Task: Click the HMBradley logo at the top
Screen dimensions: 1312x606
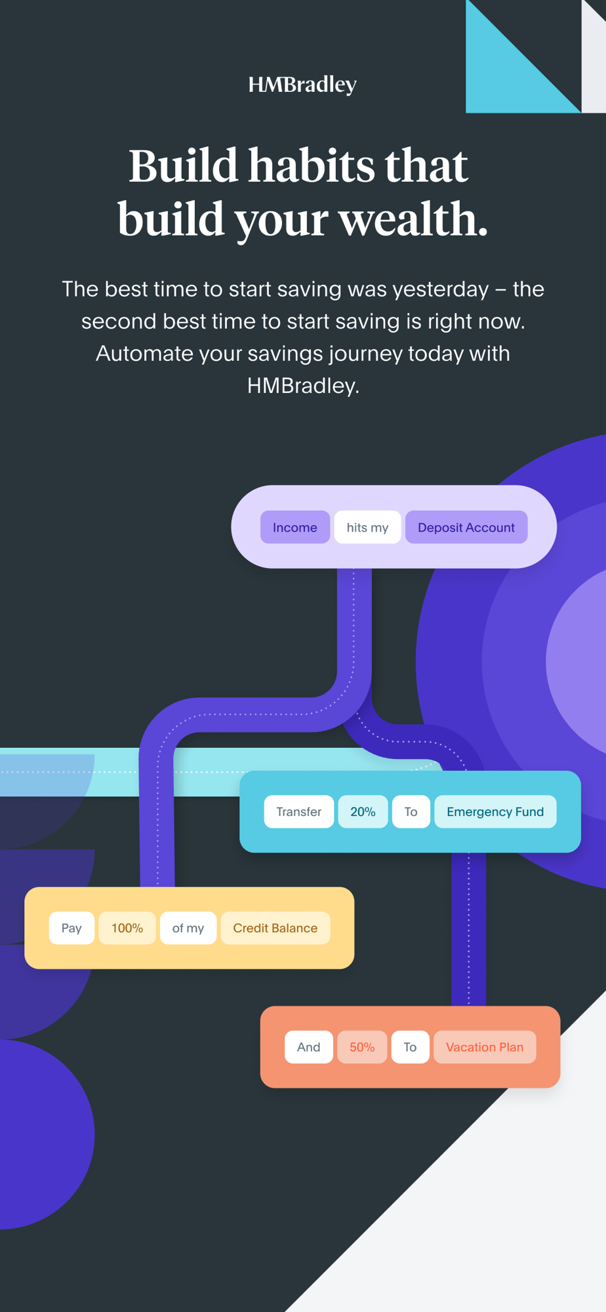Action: (x=302, y=85)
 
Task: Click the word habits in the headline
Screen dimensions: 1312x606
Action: (x=312, y=165)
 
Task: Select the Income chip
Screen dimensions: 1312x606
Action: (x=294, y=527)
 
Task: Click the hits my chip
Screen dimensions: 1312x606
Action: (x=367, y=527)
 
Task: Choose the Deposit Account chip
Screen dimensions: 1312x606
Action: (x=466, y=527)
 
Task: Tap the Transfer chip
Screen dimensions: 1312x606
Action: (x=298, y=811)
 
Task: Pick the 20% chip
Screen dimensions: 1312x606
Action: (x=363, y=811)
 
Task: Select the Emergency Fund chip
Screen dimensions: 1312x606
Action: (x=495, y=811)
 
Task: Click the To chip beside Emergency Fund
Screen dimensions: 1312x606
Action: (x=411, y=811)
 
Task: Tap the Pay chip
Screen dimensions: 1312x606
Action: (x=71, y=928)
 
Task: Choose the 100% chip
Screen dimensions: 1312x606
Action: (x=127, y=928)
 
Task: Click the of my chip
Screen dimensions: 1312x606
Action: (x=188, y=928)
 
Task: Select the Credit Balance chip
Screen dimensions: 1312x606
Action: (x=275, y=928)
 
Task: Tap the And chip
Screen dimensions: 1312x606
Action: (x=308, y=1047)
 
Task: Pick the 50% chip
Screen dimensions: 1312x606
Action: (x=362, y=1047)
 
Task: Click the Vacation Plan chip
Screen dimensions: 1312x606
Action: (x=485, y=1047)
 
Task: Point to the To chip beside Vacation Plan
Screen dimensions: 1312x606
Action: (x=410, y=1047)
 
